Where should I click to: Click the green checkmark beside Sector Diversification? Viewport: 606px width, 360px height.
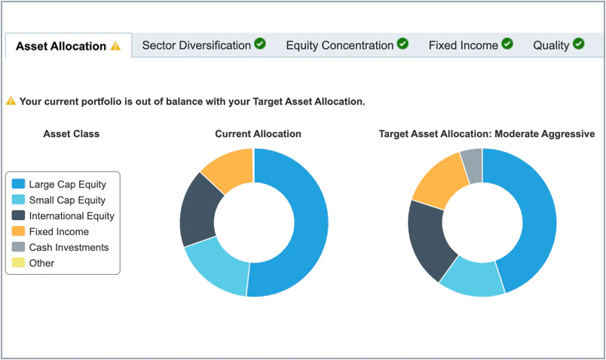(260, 44)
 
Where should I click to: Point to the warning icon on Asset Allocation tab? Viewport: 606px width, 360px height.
(115, 46)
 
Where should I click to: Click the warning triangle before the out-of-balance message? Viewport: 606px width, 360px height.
(11, 101)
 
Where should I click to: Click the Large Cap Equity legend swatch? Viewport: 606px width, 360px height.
(19, 185)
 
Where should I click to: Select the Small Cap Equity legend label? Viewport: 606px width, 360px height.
(67, 200)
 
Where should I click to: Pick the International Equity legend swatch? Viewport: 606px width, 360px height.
(19, 216)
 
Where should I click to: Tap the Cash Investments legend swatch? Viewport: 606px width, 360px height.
(19, 248)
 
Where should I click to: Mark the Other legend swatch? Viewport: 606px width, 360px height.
(19, 264)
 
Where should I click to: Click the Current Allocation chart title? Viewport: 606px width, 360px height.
(258, 134)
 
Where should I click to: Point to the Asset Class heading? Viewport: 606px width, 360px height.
(71, 134)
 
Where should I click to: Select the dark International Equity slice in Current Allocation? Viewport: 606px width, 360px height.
(198, 211)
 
